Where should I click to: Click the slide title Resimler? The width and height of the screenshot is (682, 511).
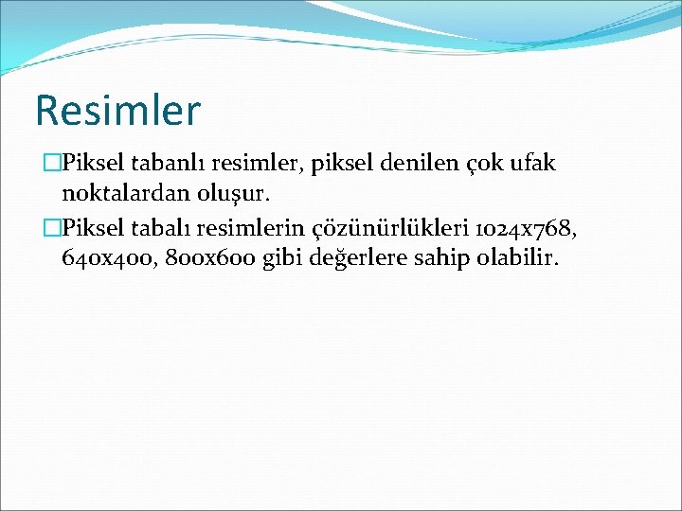(x=117, y=110)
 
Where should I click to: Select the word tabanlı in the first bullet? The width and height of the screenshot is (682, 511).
(x=158, y=164)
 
